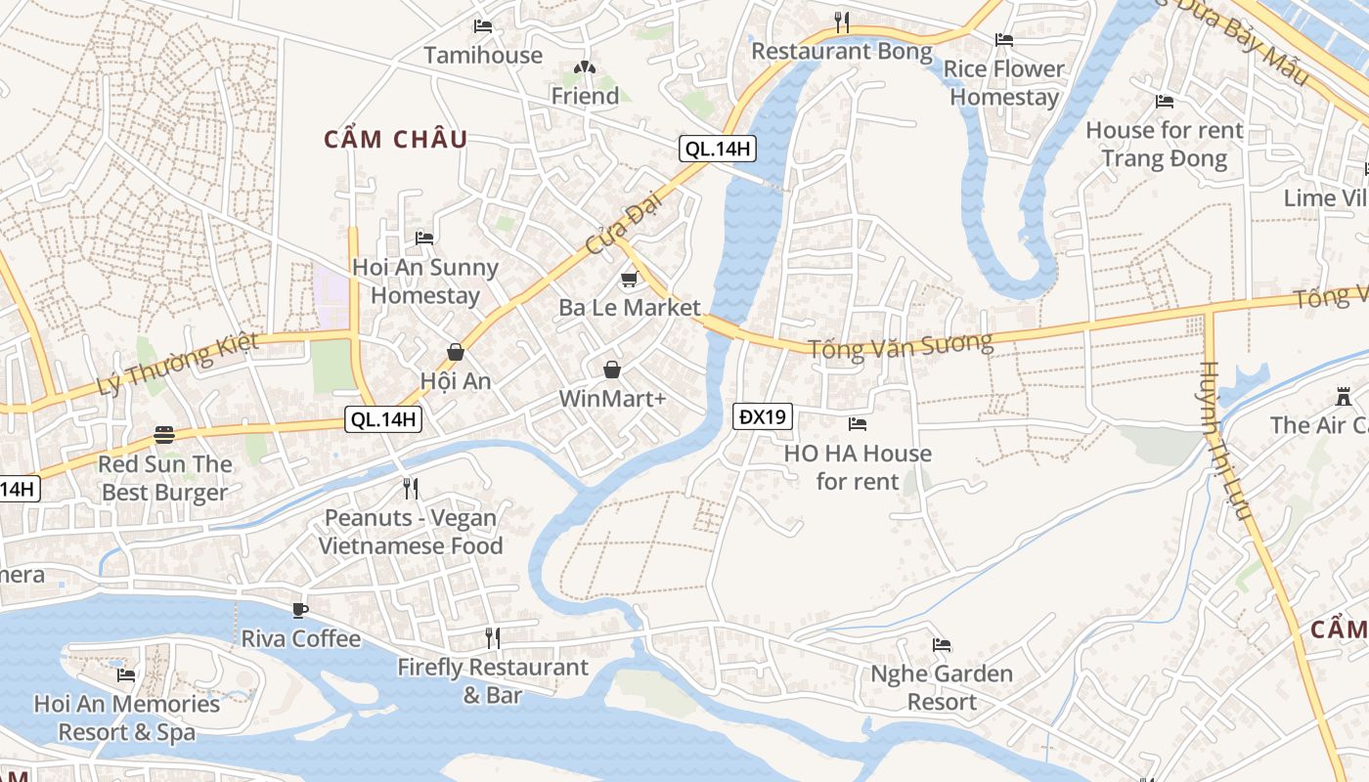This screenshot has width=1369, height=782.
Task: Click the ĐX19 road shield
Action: (763, 417)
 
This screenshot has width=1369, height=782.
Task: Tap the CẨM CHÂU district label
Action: (396, 140)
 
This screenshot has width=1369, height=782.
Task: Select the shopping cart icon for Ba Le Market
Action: (630, 280)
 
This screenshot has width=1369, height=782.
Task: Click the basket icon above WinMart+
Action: (611, 369)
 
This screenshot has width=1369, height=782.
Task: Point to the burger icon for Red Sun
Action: (164, 435)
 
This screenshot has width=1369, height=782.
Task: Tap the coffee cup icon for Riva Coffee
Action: (300, 610)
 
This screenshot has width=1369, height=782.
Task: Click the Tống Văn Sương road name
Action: (901, 345)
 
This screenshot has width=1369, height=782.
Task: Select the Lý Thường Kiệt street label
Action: (178, 364)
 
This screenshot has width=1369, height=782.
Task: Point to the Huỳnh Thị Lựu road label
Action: (1223, 441)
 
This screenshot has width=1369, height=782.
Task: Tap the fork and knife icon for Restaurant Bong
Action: (842, 22)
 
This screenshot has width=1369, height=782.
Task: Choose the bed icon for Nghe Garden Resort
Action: (942, 645)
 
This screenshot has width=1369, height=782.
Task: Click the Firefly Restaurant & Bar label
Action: (493, 681)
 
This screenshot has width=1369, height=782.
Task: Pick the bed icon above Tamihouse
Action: (482, 26)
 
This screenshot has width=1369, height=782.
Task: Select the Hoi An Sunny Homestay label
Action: (425, 282)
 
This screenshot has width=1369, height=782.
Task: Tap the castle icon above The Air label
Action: (1343, 397)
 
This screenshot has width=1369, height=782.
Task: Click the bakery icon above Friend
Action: (585, 67)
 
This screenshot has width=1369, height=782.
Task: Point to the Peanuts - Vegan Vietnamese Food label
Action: (411, 532)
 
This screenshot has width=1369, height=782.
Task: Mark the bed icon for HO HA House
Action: (858, 424)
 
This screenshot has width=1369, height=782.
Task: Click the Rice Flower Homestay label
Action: (1004, 83)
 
